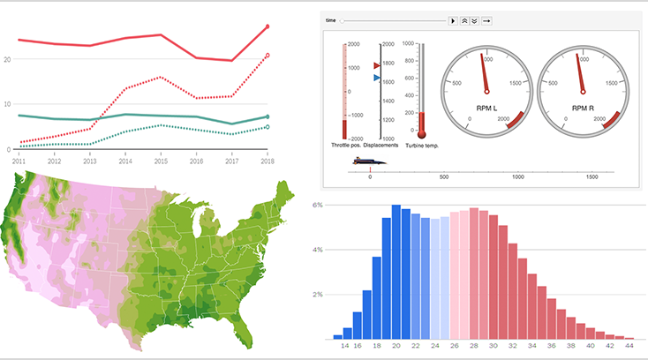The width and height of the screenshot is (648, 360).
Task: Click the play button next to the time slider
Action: click(x=453, y=19)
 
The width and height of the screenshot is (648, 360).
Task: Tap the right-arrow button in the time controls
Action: click(x=486, y=19)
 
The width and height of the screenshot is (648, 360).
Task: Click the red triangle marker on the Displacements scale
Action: click(x=377, y=66)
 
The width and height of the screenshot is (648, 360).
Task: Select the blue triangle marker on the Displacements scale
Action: click(x=377, y=79)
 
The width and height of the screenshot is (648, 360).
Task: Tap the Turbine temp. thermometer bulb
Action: click(x=422, y=133)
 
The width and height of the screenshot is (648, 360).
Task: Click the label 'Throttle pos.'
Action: click(x=345, y=145)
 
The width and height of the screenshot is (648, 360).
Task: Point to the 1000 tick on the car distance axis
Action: click(x=518, y=176)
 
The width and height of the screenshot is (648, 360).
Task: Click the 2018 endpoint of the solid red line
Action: click(x=267, y=26)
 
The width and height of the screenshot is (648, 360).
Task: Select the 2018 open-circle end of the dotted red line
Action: click(x=267, y=56)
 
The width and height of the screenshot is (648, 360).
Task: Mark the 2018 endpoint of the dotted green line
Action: click(x=267, y=127)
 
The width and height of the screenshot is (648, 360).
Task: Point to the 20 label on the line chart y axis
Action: click(x=7, y=59)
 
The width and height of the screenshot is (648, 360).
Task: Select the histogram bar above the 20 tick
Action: click(x=396, y=274)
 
